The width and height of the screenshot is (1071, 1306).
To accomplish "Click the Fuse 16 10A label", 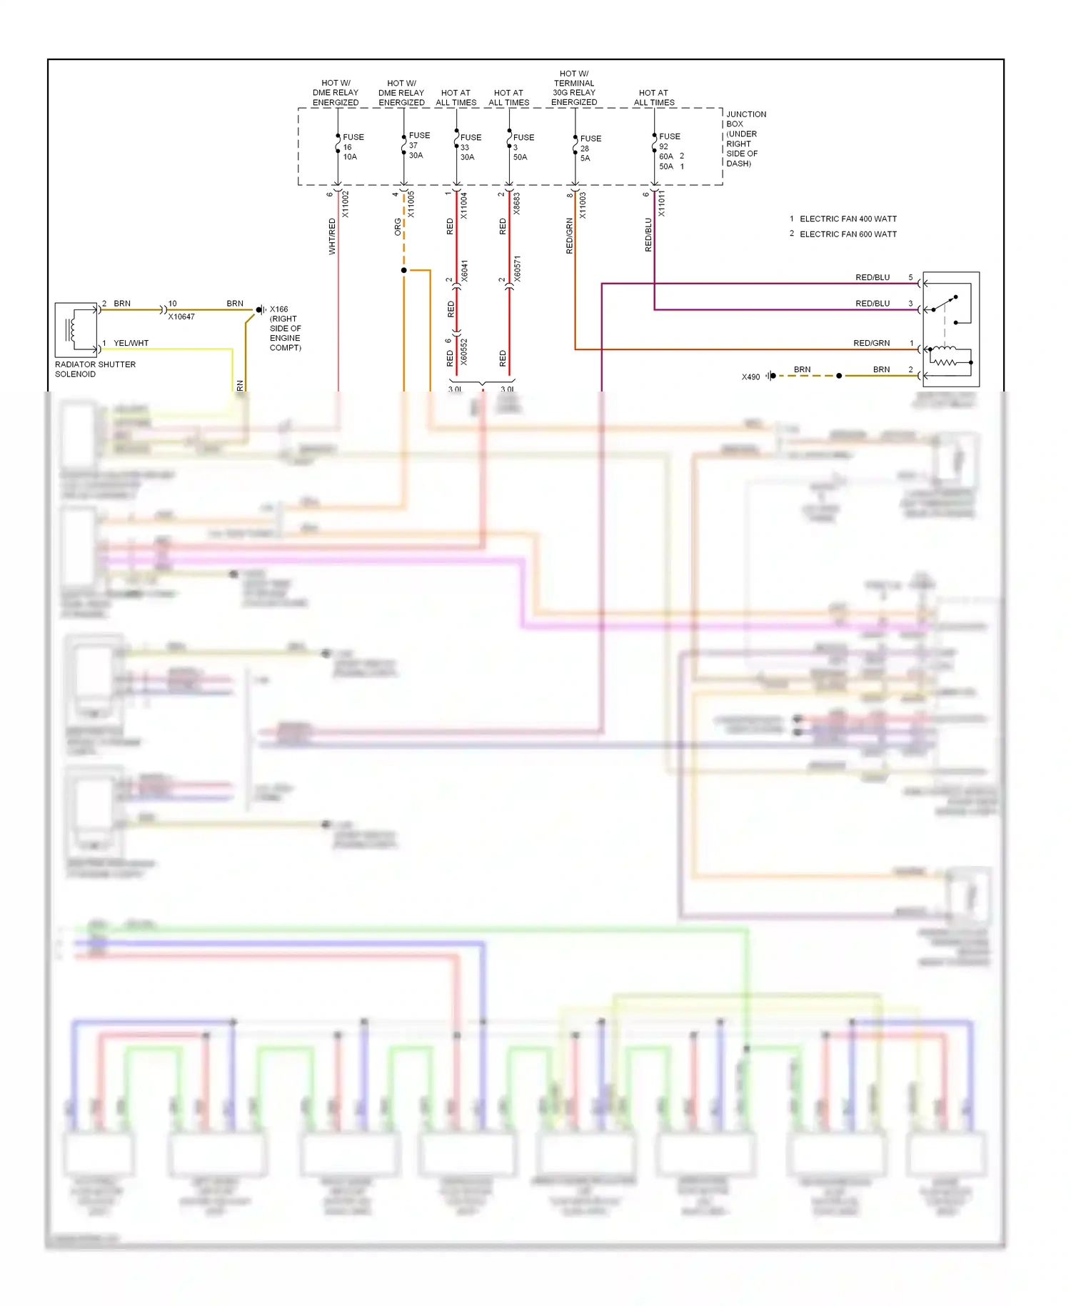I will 352,146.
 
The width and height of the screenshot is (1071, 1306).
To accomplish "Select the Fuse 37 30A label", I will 418,145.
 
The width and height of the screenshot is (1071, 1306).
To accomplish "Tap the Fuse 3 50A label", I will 522,146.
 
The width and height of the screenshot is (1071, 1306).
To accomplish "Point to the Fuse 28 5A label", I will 590,148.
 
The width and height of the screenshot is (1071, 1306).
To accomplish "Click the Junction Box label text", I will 745,139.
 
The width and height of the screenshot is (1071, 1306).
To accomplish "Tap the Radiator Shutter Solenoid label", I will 95,369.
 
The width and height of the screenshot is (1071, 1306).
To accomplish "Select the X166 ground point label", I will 285,328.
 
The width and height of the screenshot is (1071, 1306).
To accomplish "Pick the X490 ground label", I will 750,377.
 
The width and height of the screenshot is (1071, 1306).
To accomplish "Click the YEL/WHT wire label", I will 131,343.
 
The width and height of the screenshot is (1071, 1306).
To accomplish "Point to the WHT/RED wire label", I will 332,236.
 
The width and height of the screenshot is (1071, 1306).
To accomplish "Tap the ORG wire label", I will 398,226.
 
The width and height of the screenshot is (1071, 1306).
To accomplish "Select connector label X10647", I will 181,316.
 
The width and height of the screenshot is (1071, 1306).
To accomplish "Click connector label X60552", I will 464,352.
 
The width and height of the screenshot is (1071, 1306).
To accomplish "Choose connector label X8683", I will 517,203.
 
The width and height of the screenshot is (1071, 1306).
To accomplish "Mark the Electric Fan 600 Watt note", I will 848,234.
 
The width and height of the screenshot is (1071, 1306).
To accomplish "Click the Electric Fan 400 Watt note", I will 848,219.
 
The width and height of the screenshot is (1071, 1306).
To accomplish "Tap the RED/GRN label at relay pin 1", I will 871,343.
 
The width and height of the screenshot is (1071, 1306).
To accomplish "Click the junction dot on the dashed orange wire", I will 404,270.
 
